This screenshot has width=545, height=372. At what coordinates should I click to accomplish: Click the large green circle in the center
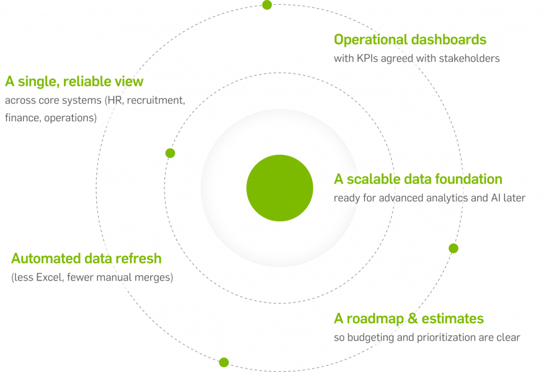click(279, 188)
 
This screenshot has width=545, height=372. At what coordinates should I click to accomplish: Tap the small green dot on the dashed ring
click(170, 153)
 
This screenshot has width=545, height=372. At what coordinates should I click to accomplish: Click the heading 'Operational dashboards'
click(410, 39)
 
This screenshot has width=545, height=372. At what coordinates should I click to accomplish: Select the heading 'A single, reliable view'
click(74, 81)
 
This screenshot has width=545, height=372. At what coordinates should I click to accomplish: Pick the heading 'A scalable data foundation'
click(418, 179)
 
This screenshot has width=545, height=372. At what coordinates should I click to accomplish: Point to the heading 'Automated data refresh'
click(86, 259)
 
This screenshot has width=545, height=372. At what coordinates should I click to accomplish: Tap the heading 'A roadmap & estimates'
click(409, 319)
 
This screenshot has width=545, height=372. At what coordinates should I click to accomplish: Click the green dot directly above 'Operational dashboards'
click(267, 5)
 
